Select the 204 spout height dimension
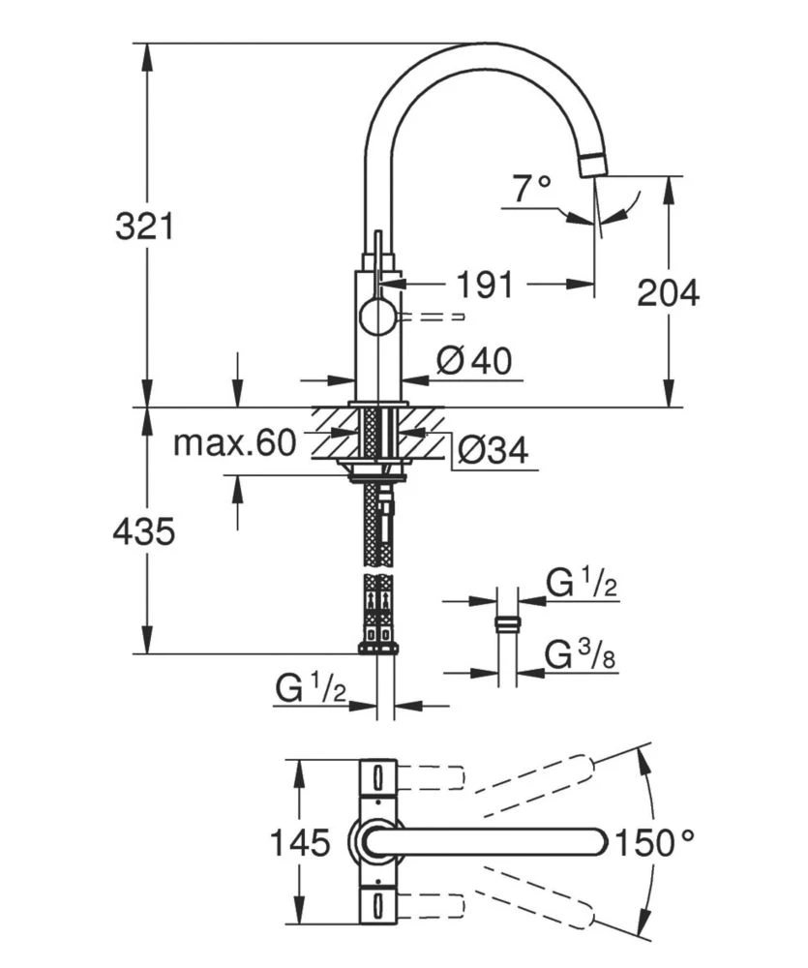click(668, 292)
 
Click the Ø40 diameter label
click(472, 361)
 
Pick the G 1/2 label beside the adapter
click(582, 584)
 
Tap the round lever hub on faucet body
click(377, 318)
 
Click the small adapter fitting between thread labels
click(506, 622)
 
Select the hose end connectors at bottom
click(378, 640)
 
